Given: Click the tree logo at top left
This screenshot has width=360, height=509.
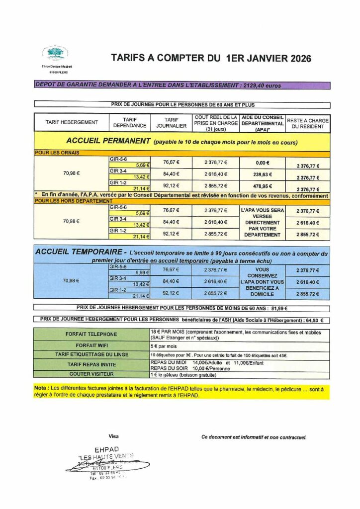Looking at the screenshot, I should [55, 53].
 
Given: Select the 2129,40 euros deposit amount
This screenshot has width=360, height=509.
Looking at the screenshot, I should [262, 85].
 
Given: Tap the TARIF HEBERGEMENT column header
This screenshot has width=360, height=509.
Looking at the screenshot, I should [72, 122].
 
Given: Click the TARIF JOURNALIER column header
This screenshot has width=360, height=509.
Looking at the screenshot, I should [172, 122].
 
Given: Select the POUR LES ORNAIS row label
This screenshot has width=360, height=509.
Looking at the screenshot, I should [57, 153].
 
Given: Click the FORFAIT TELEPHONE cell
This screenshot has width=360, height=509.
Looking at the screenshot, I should [91, 335].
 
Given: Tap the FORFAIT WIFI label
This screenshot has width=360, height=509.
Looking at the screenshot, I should [91, 345].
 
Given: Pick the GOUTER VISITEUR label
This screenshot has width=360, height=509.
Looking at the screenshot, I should [91, 374].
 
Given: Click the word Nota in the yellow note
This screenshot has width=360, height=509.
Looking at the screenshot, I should [40, 387].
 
